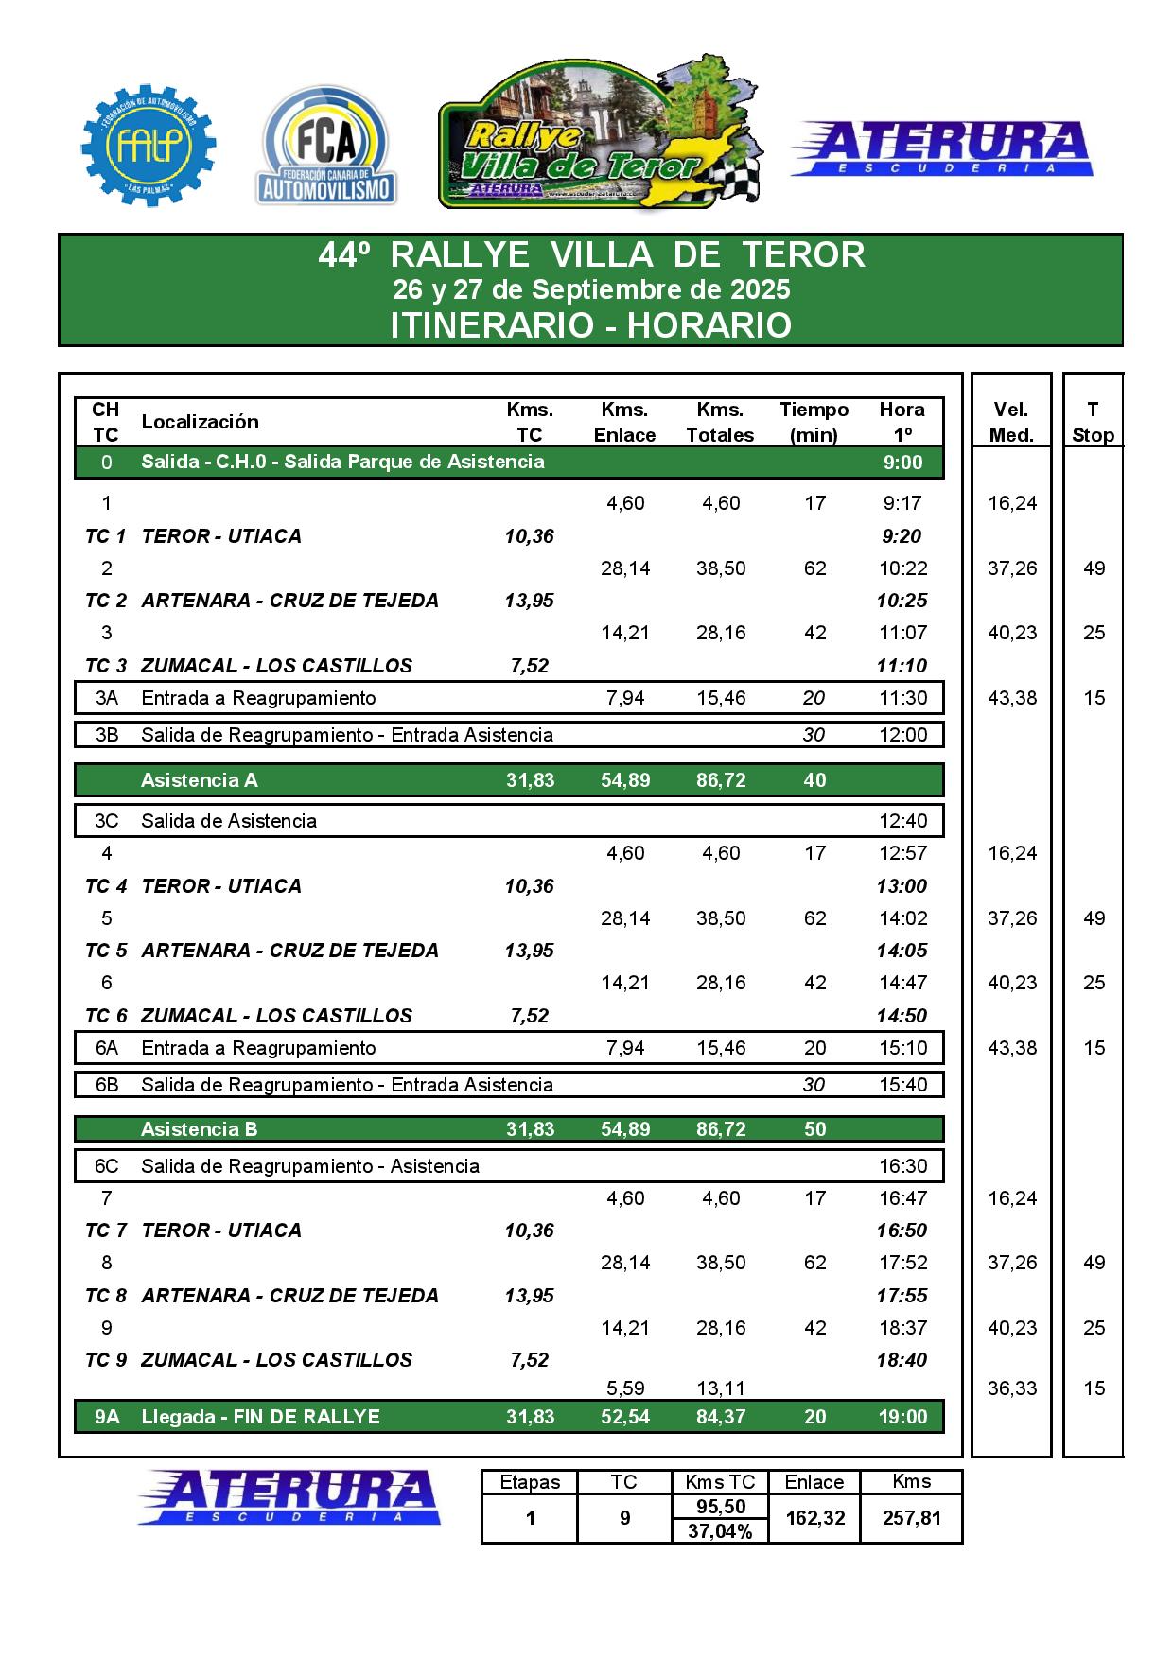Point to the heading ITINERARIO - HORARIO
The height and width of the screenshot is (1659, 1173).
click(590, 325)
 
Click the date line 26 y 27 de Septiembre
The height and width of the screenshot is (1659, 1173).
click(590, 288)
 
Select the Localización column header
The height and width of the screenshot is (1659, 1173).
click(200, 422)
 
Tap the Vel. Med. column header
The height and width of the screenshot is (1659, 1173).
click(1011, 422)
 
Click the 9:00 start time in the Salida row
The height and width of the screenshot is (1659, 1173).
click(902, 462)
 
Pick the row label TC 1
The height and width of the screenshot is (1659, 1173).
click(105, 536)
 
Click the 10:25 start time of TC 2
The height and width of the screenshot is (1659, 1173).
click(902, 601)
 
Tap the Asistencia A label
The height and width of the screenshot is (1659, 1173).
click(199, 780)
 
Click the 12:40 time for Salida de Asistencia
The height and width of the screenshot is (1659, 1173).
click(902, 821)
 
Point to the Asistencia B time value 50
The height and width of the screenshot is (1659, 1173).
click(814, 1129)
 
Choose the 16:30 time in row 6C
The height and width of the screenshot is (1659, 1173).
click(902, 1166)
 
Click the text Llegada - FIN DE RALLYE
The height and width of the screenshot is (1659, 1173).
click(260, 1417)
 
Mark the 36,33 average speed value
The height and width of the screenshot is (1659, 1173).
click(1011, 1388)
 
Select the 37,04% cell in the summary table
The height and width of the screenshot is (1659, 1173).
click(720, 1531)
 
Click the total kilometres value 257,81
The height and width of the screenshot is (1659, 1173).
click(911, 1518)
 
